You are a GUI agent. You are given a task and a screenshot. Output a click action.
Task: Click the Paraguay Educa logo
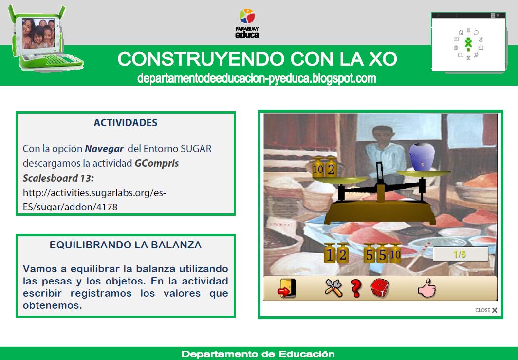[x=247, y=23]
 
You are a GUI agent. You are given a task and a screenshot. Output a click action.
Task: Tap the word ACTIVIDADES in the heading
[x=126, y=123]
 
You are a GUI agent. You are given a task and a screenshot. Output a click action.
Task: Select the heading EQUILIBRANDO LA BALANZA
[x=126, y=245]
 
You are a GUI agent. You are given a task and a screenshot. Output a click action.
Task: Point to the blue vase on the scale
[x=422, y=157]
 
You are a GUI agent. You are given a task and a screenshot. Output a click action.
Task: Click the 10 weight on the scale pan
[x=318, y=169]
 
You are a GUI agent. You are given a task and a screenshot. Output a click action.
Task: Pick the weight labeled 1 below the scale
[x=330, y=254]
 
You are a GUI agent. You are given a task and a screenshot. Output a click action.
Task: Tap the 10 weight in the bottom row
[x=395, y=253]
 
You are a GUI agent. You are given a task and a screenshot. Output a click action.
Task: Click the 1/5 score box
[x=460, y=254]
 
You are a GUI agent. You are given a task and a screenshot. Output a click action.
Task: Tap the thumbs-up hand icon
[x=425, y=289]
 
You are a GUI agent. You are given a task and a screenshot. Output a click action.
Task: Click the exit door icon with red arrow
[x=286, y=288]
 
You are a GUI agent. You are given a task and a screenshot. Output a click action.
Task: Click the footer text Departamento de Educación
[x=258, y=354]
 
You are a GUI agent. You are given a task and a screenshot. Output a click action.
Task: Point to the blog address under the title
[x=257, y=78]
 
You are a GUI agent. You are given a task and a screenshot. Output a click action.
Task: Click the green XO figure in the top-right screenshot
[x=468, y=43]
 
